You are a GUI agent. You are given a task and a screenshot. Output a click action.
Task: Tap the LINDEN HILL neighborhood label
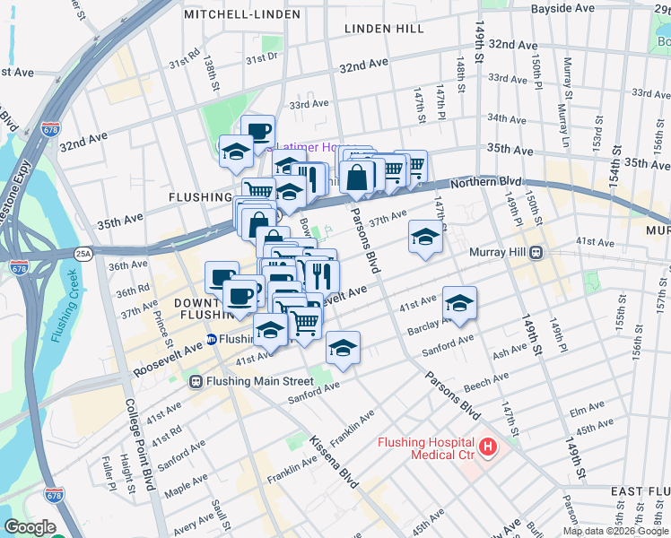click(384, 29)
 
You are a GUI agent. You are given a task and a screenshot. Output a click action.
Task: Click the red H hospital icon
click(488, 446)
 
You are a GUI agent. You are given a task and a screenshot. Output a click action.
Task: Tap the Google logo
click(30, 527)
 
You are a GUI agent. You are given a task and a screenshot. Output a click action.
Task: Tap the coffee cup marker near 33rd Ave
click(257, 131)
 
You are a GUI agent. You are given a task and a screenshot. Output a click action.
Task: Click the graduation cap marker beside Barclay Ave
click(459, 303)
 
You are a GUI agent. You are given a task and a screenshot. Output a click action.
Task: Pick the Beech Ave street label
click(487, 384)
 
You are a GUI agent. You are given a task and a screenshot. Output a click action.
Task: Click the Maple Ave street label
click(185, 489)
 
